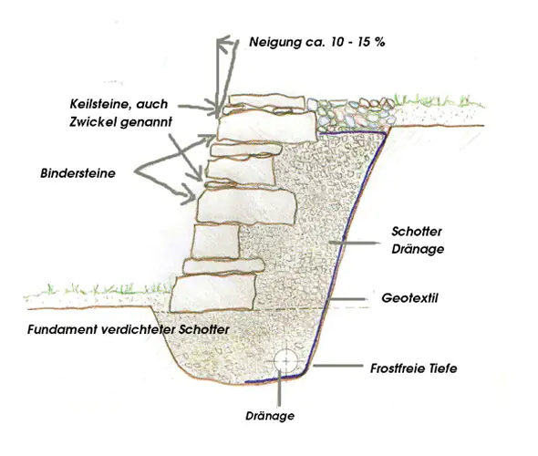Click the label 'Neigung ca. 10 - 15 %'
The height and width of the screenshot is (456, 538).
[x=317, y=42]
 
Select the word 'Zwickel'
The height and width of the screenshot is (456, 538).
[x=91, y=122]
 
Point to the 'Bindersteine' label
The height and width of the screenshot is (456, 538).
[x=78, y=173]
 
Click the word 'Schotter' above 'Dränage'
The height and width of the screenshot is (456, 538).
[x=417, y=232]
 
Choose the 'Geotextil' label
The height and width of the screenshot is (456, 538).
[x=409, y=298]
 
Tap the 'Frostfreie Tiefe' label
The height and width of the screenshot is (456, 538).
[x=413, y=368]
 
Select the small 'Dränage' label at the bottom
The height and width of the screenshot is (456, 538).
[x=270, y=416]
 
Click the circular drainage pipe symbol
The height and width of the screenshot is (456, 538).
[x=285, y=361]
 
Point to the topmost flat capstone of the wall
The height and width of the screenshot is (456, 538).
[x=267, y=101]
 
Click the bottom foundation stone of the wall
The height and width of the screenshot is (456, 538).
[x=213, y=294]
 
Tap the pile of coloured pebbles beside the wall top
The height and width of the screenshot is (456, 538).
[x=351, y=111]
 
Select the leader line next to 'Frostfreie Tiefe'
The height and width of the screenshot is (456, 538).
[x=337, y=366]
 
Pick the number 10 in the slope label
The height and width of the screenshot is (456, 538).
[x=338, y=42]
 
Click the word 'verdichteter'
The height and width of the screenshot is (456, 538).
[x=139, y=329]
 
